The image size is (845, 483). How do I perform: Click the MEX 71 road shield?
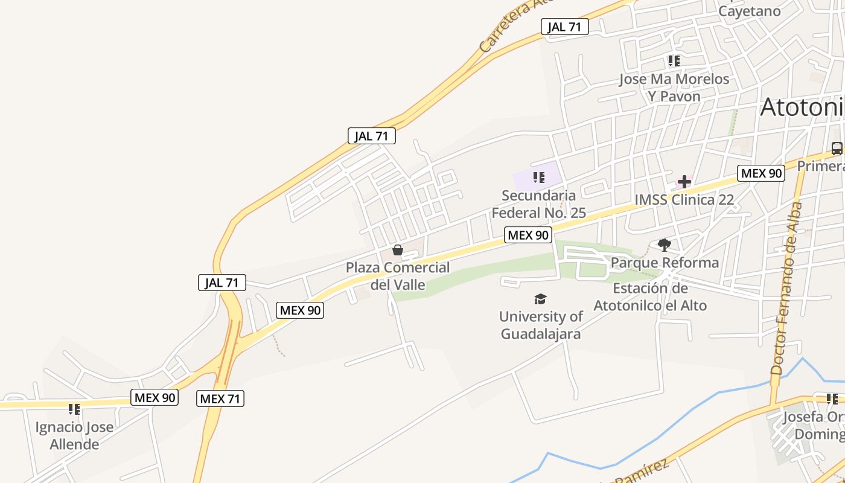[x=220, y=398]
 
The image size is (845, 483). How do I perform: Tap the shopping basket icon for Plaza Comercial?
[x=398, y=250]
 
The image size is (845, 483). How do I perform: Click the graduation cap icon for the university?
[x=540, y=299]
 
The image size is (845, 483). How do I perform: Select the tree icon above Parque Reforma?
[x=665, y=245]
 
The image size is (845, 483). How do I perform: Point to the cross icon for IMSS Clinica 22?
[x=684, y=181]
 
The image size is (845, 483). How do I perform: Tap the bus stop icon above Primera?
[x=837, y=148]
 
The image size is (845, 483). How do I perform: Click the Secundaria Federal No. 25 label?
[x=538, y=204]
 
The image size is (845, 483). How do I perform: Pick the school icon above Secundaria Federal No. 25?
[x=539, y=178]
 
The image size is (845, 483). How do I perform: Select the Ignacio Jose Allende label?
[x=74, y=436]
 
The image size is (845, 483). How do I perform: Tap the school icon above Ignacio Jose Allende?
[x=74, y=409]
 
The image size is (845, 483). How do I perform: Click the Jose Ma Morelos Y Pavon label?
[x=674, y=88]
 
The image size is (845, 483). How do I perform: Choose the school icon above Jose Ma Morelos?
[x=674, y=61]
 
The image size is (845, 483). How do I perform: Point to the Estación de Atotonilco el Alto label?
[x=650, y=296]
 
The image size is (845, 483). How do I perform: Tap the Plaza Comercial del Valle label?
[x=398, y=276]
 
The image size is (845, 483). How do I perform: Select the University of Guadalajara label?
[x=541, y=325]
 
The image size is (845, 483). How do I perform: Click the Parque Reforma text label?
[x=665, y=263]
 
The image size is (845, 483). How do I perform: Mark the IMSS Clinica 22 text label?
[x=684, y=200]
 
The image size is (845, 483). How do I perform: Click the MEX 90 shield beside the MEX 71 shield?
[x=155, y=397]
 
